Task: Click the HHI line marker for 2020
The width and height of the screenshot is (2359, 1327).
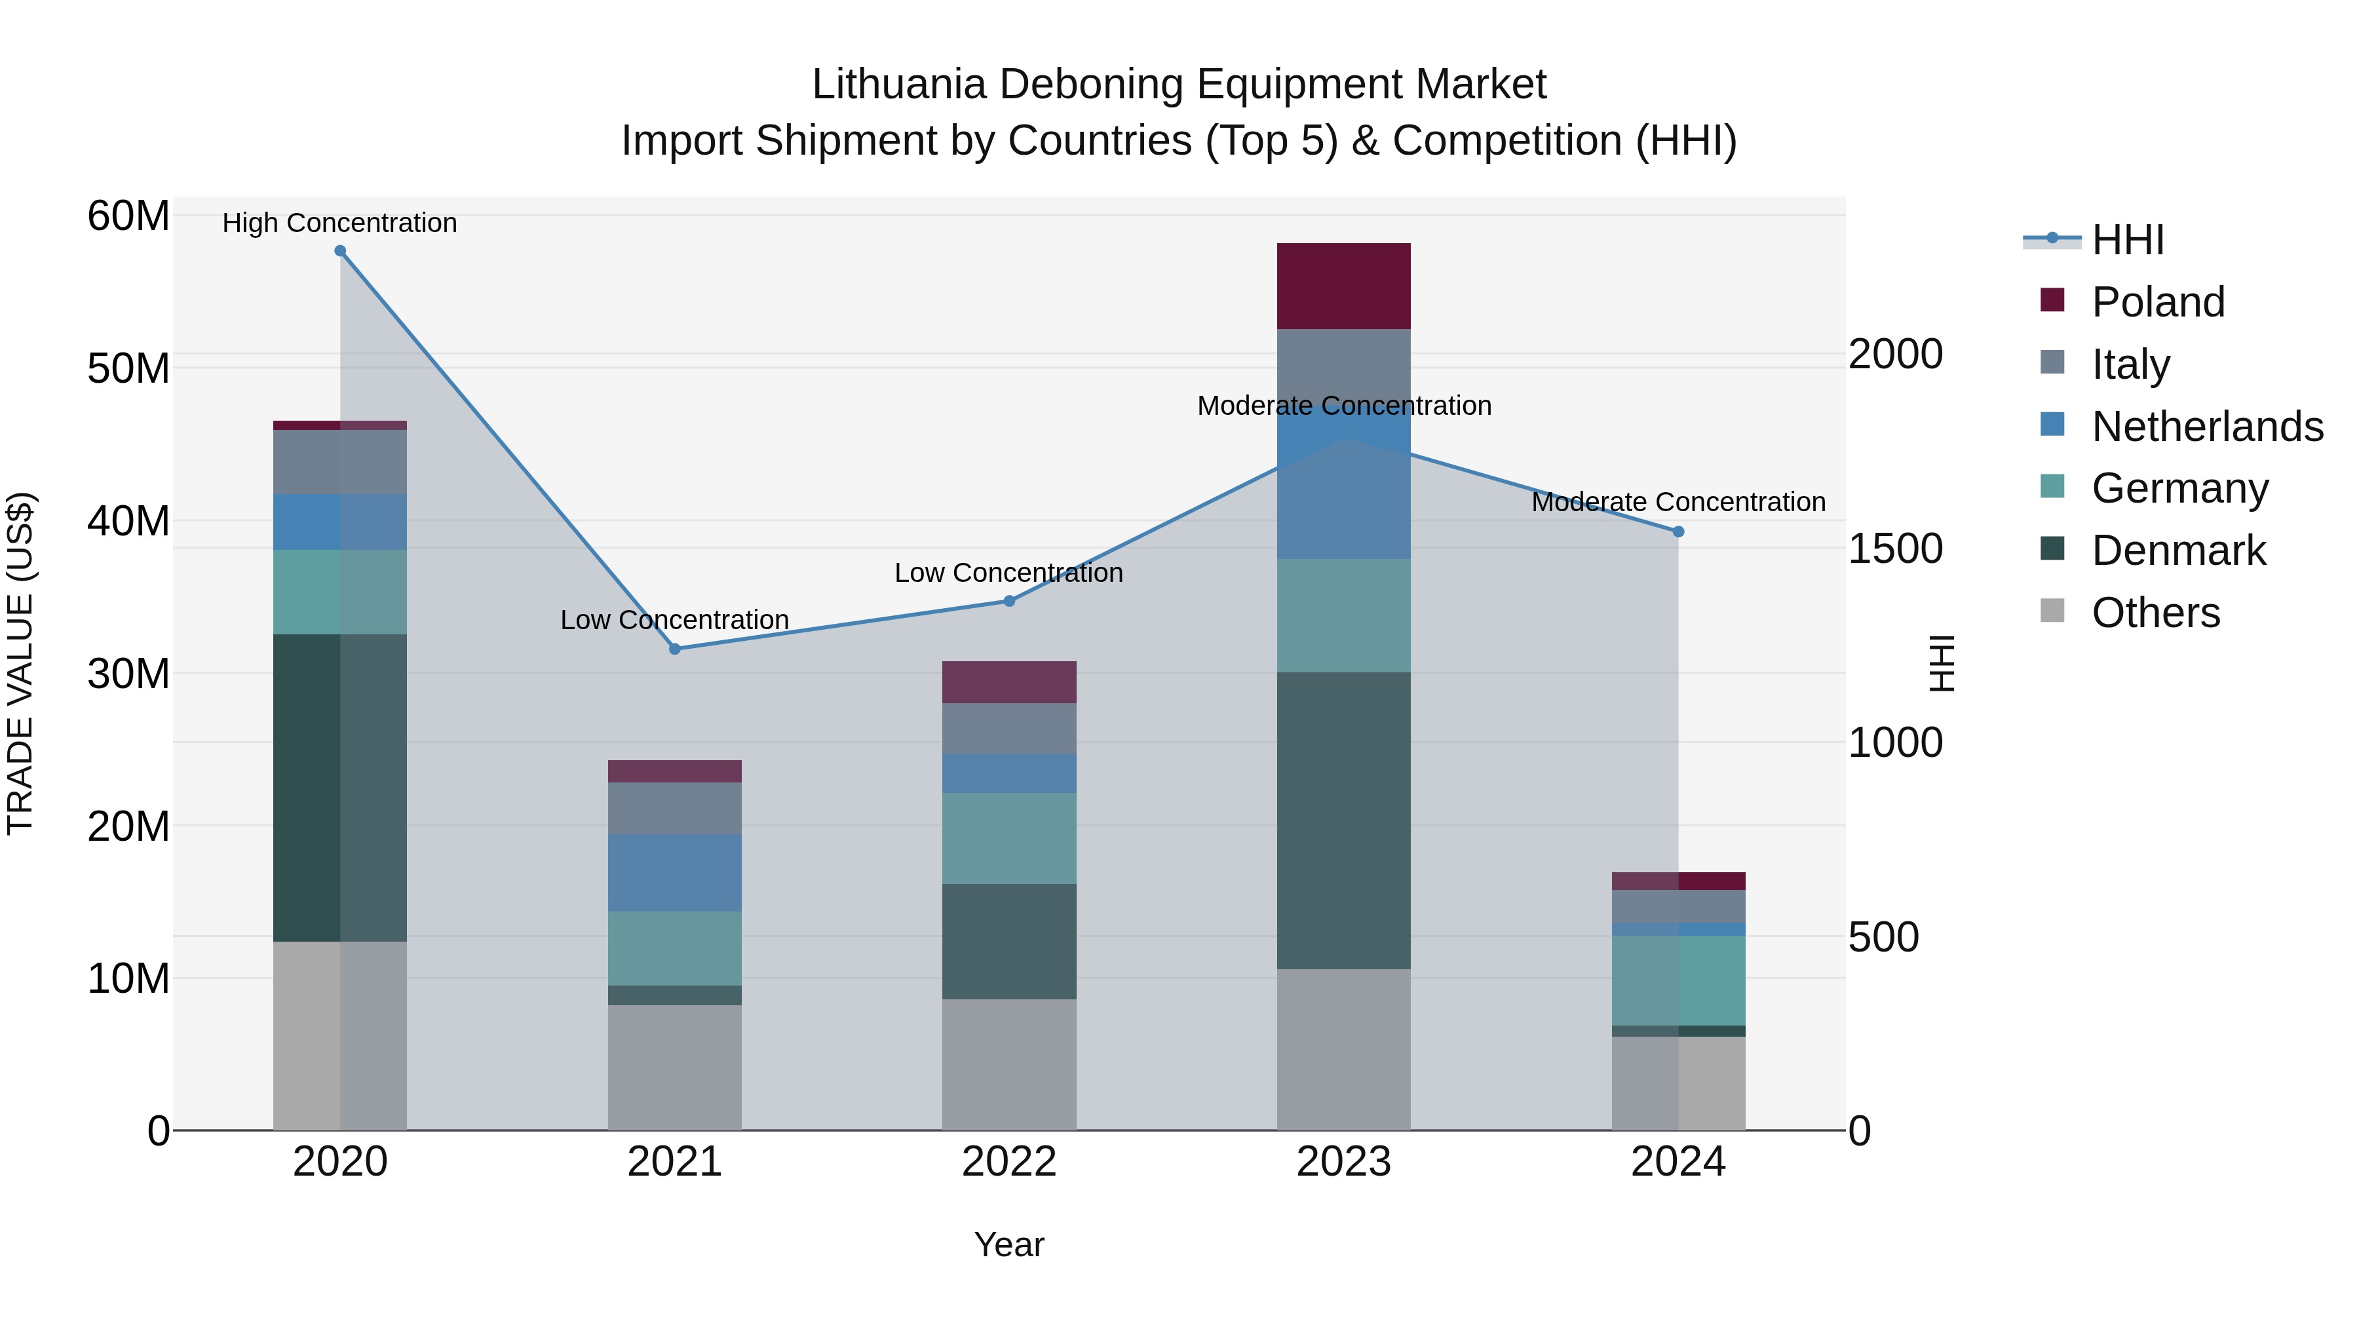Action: coord(339,251)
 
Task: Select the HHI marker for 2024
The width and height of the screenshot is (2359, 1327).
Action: coord(1679,532)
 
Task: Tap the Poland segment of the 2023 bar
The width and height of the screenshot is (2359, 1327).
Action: coord(1343,286)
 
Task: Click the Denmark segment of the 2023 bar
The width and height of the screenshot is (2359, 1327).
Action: coord(1343,820)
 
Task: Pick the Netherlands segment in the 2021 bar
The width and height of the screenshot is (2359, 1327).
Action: coord(675,873)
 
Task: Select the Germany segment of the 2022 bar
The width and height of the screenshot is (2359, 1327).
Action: coord(1009,838)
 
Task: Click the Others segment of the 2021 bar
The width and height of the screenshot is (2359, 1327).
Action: coord(675,1068)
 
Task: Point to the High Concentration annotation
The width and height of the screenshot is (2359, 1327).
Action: coord(339,223)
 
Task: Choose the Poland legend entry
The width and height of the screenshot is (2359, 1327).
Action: coord(2158,302)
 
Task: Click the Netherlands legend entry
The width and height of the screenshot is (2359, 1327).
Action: coord(2207,427)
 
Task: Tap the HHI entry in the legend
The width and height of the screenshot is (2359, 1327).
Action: coord(2127,240)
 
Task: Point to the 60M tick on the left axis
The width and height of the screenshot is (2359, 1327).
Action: coord(128,217)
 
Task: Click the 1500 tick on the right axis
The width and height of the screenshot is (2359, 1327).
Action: coord(1894,548)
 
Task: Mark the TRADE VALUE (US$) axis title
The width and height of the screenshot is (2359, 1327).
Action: coord(20,664)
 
